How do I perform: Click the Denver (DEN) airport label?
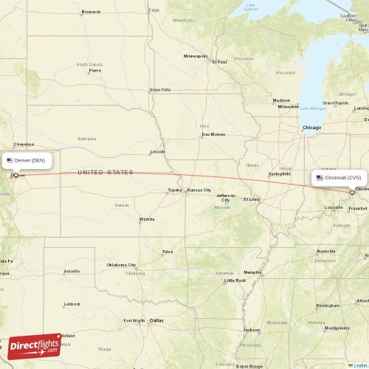tap(30, 160)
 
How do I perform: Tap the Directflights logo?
tap(35, 345)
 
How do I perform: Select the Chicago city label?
tap(312, 128)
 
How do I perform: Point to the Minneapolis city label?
tap(196, 56)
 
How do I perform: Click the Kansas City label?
tap(199, 190)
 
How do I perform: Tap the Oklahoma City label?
tap(121, 265)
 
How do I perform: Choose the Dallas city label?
tap(156, 320)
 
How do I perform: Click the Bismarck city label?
tap(91, 12)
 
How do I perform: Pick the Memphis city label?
tap(253, 272)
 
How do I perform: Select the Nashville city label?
tap(326, 251)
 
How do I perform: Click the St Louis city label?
tap(252, 199)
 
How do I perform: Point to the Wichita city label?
tap(147, 219)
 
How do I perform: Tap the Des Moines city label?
tap(213, 134)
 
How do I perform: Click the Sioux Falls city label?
tap(160, 89)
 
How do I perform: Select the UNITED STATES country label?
tap(106, 172)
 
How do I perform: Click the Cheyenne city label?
tap(24, 144)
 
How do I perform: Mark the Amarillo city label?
tap(72, 271)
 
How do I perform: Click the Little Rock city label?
tap(235, 280)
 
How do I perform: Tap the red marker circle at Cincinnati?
tap(351, 193)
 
